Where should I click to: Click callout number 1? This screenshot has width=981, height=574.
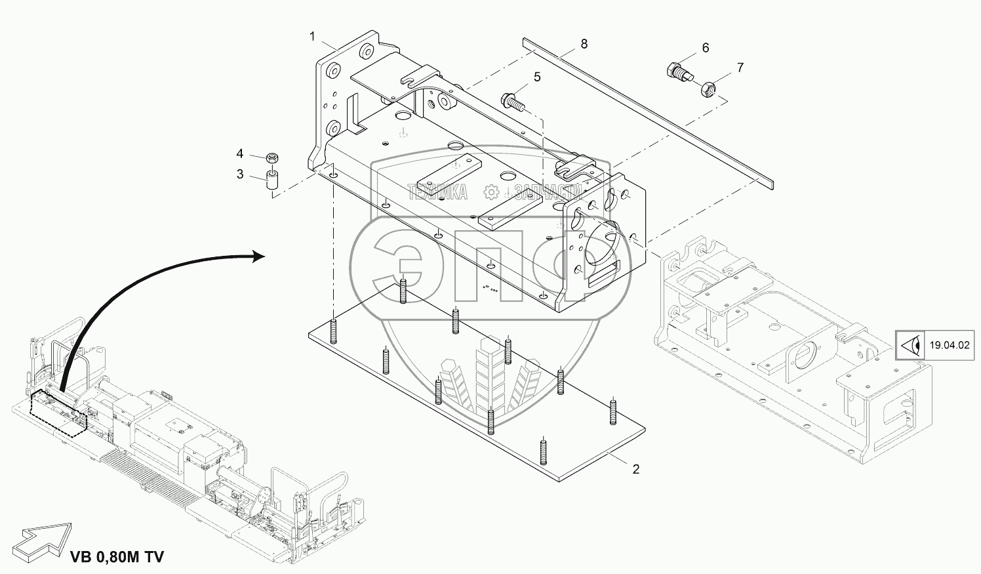[x=313, y=35]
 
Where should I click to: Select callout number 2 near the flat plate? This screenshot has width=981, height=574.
[x=635, y=469]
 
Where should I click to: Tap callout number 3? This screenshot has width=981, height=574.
[x=240, y=174]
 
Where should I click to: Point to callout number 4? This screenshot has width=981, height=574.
[x=240, y=154]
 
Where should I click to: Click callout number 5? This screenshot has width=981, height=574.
[x=537, y=77]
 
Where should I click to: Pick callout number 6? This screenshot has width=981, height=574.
[x=705, y=48]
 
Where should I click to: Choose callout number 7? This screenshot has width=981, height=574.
[x=740, y=68]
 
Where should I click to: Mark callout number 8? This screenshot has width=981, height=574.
[x=584, y=44]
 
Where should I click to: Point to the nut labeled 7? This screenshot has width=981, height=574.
[x=708, y=87]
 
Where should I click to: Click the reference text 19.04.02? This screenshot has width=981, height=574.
[x=948, y=344]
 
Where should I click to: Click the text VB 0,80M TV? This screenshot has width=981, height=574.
[x=117, y=558]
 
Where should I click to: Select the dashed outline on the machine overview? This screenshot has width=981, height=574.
[x=59, y=413]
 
